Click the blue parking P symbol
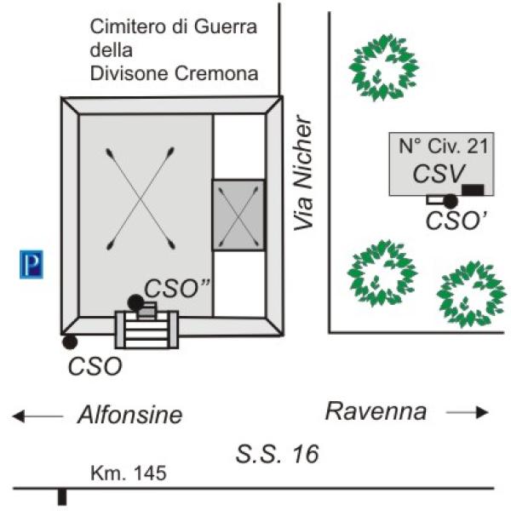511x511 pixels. [32, 264]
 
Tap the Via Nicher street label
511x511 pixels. [303, 173]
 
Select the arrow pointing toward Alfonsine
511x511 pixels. [37, 416]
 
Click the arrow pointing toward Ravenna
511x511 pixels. [468, 412]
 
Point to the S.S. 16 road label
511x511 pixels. [277, 454]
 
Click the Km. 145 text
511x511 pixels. [129, 473]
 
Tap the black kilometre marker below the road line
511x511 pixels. [62, 497]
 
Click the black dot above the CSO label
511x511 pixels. [70, 342]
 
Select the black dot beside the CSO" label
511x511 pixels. [136, 302]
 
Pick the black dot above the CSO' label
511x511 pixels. [451, 201]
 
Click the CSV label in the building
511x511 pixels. [439, 174]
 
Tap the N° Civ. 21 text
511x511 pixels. [444, 146]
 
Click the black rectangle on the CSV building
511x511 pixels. [473, 190]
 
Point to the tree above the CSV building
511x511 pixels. [383, 67]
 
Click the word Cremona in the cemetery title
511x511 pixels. [216, 73]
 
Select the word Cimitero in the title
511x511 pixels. [129, 26]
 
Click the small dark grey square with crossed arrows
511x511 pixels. [238, 215]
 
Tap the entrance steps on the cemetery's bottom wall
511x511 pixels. [146, 330]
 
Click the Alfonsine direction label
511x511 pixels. [130, 416]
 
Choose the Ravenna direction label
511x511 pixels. [376, 411]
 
